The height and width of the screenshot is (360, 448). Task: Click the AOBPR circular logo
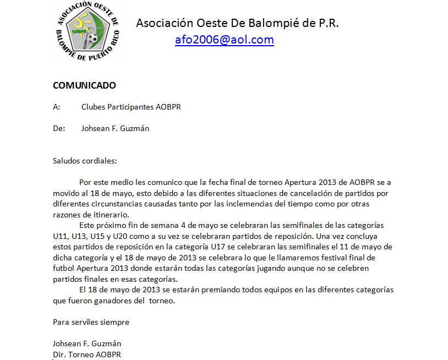(x=88, y=31)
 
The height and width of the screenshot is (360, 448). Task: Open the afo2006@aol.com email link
(x=224, y=40)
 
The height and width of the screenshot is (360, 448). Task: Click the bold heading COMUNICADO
(x=84, y=85)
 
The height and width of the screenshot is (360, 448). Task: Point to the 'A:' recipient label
(x=57, y=107)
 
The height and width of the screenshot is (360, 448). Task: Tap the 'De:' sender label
(x=59, y=128)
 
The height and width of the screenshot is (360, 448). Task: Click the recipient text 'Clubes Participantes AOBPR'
(x=131, y=107)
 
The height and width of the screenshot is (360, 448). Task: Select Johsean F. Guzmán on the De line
(x=115, y=128)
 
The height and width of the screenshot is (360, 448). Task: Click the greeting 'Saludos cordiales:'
(x=85, y=161)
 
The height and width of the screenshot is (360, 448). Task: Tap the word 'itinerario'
(x=110, y=214)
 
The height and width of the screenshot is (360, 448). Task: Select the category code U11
(x=61, y=236)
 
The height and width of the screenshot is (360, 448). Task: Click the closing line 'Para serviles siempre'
(x=91, y=322)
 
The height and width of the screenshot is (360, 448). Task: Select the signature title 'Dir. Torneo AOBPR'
(x=86, y=354)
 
